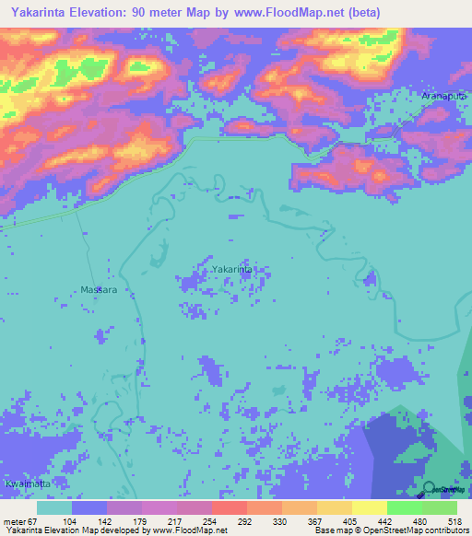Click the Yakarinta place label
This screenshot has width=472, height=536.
(231, 269)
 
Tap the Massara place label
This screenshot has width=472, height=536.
(99, 289)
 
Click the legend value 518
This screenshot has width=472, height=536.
(454, 520)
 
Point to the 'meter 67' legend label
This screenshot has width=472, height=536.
(20, 520)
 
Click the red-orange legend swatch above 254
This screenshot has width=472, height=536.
(229, 507)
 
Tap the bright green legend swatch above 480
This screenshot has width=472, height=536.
(404, 507)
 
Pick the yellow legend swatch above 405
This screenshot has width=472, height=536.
(334, 507)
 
